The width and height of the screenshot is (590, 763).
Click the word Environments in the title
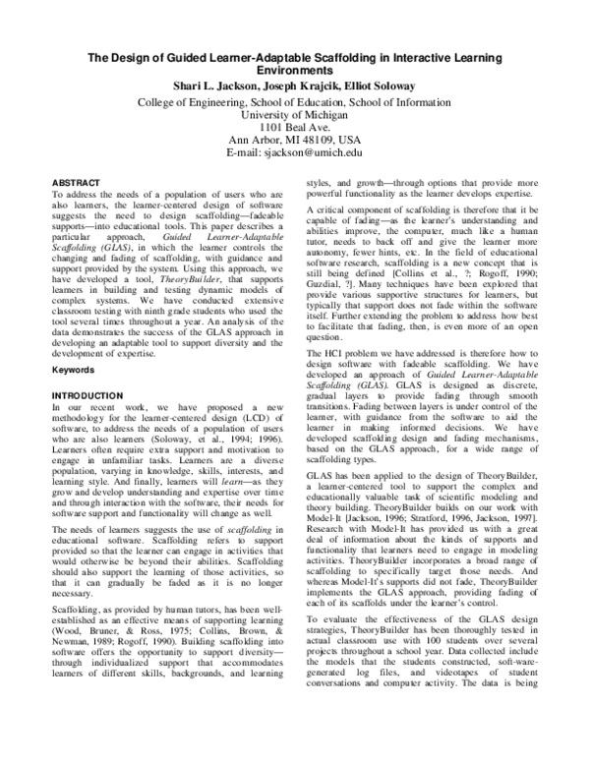(x=295, y=72)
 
